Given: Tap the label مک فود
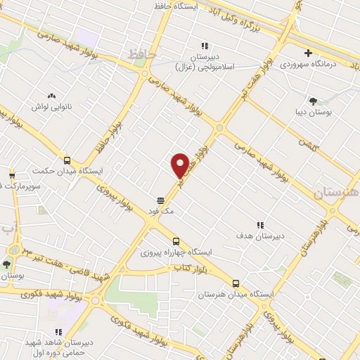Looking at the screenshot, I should (x=161, y=210).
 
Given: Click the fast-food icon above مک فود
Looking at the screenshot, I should (x=161, y=199).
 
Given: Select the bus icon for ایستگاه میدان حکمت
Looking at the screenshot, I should (x=67, y=160).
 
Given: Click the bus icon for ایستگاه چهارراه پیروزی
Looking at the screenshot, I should (x=176, y=240).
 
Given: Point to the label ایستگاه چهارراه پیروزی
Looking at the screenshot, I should (x=171, y=251).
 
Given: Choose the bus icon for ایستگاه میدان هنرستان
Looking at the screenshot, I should (x=236, y=285).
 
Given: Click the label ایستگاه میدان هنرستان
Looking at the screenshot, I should (x=235, y=295).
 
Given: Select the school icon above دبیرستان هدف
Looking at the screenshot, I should (x=260, y=226).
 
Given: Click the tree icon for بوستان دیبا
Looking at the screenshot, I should (x=313, y=101).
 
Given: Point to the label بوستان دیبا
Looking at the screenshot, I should (x=314, y=112).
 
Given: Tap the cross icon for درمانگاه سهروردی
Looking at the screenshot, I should (x=308, y=53).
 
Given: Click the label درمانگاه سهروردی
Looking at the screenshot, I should (x=310, y=64).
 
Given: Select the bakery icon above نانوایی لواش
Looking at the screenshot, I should (x=51, y=96).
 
